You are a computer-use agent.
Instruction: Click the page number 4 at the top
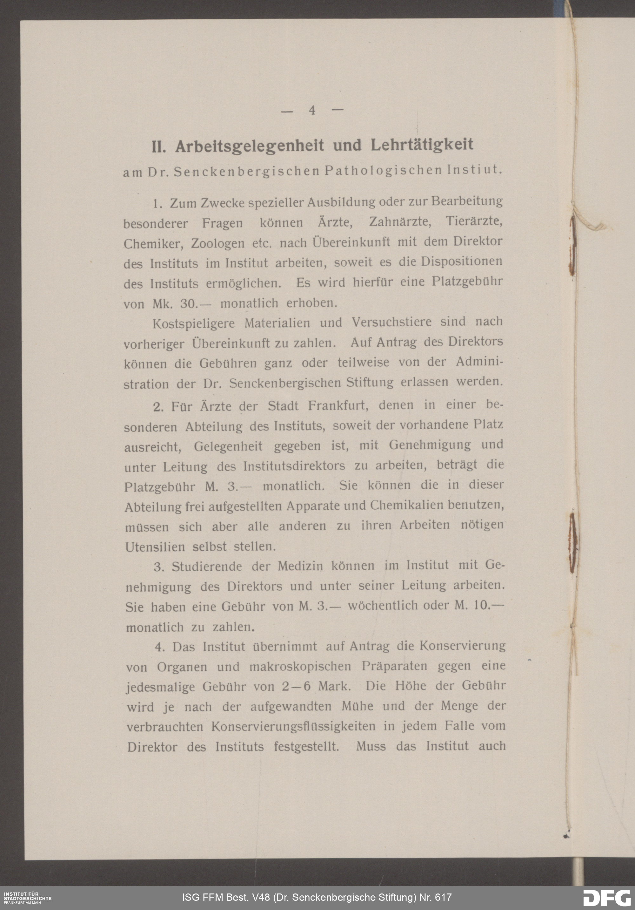[312, 110]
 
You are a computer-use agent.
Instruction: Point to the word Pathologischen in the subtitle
[382, 170]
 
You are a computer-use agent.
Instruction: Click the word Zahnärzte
[399, 221]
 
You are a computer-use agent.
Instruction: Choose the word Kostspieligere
[193, 323]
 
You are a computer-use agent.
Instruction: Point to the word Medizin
[299, 566]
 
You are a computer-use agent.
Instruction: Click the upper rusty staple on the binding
[572, 246]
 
